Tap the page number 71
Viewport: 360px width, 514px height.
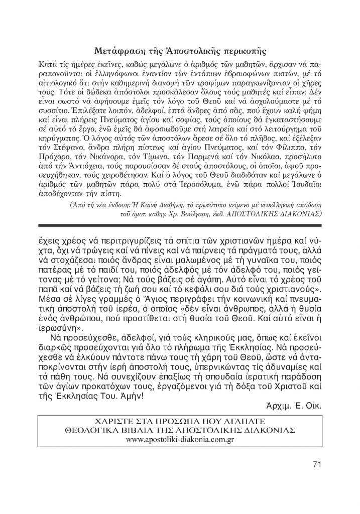[316, 463]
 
